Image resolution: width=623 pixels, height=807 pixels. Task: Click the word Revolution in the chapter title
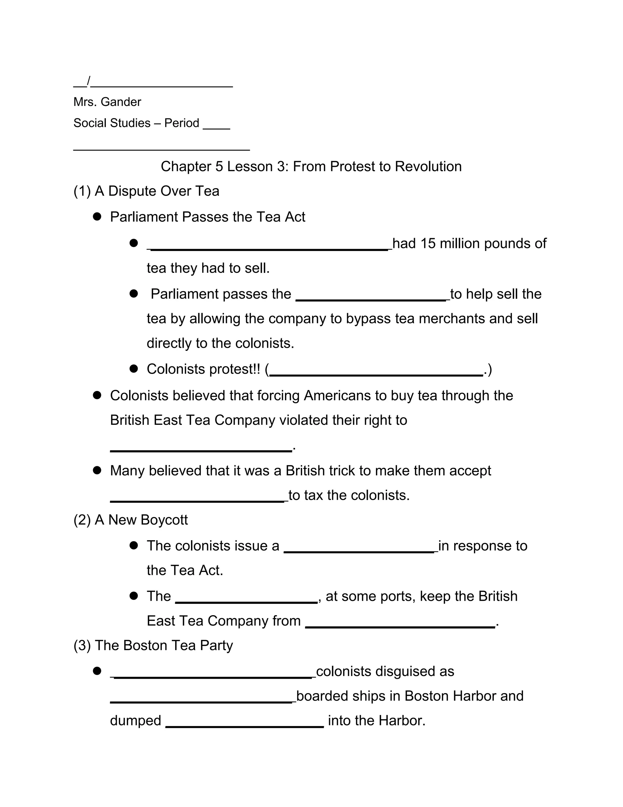[428, 167]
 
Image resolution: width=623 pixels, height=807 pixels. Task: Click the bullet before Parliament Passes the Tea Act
[97, 217]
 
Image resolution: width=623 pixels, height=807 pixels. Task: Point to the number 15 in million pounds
[428, 244]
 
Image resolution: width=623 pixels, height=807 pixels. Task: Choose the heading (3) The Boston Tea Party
[153, 646]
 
